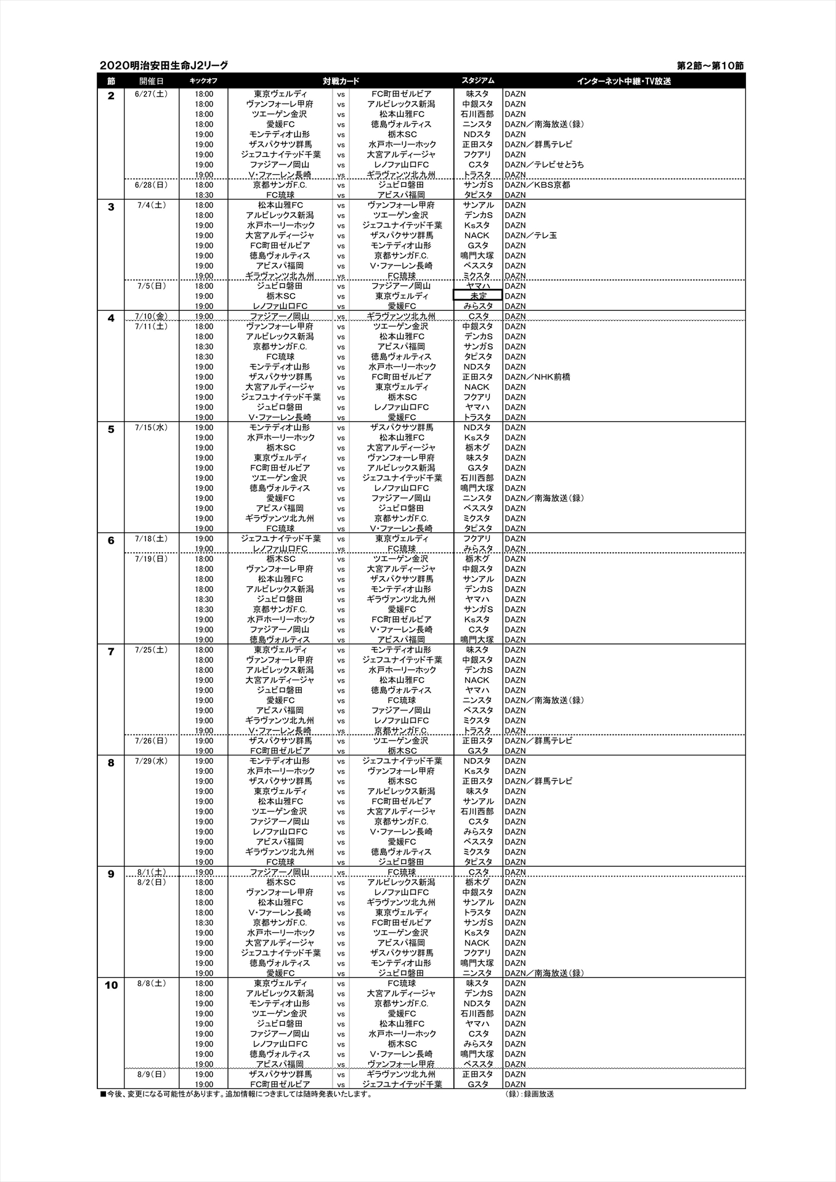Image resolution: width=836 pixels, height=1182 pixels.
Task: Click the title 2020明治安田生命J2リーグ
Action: (x=163, y=65)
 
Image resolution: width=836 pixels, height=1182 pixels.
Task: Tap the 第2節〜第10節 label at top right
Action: (x=710, y=65)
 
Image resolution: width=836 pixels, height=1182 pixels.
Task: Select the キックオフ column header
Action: (x=203, y=81)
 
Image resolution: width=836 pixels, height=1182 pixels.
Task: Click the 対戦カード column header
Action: (x=341, y=81)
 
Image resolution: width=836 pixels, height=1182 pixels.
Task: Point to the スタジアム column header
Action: (x=477, y=81)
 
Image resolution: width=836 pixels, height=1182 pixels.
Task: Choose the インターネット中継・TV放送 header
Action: (x=623, y=81)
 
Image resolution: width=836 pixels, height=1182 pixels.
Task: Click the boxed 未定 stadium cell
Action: (x=477, y=296)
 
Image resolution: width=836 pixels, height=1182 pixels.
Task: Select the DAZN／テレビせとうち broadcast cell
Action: (x=544, y=164)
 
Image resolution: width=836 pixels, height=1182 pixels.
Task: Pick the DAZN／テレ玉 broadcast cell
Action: (x=530, y=235)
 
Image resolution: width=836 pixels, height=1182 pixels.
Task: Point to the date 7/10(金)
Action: (x=151, y=316)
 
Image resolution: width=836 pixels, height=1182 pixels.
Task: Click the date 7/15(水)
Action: (x=151, y=427)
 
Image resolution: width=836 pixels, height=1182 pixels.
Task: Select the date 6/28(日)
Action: (x=151, y=185)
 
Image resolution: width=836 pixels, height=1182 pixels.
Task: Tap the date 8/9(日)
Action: (x=151, y=1074)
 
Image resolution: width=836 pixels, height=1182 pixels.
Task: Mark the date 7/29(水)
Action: (x=151, y=761)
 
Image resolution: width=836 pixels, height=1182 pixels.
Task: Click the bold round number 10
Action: (x=111, y=986)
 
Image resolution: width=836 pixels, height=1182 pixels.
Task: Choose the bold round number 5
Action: (x=111, y=430)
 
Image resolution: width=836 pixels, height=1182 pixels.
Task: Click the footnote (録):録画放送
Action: (x=525, y=1094)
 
